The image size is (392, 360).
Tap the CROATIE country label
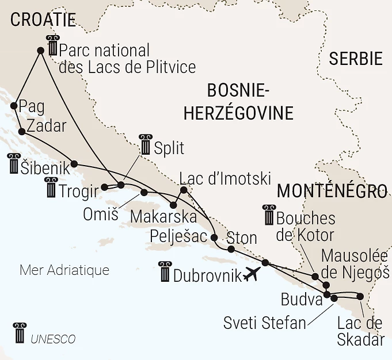tap(43, 21)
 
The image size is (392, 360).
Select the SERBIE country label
tap(355, 59)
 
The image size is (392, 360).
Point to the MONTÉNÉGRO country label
tap(332, 191)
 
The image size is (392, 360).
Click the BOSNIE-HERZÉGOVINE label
tap(238, 101)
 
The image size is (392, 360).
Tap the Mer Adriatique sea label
tap(64, 270)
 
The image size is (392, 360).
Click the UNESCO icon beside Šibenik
tap(13, 163)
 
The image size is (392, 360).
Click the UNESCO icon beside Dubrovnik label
tap(165, 271)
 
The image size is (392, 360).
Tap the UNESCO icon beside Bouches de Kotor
tap(269, 215)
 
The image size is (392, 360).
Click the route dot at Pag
tap(13, 105)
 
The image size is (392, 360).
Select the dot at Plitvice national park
tap(40, 51)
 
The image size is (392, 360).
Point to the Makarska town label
tap(163, 217)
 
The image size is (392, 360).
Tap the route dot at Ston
tap(231, 250)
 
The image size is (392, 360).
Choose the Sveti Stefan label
tap(265, 323)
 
